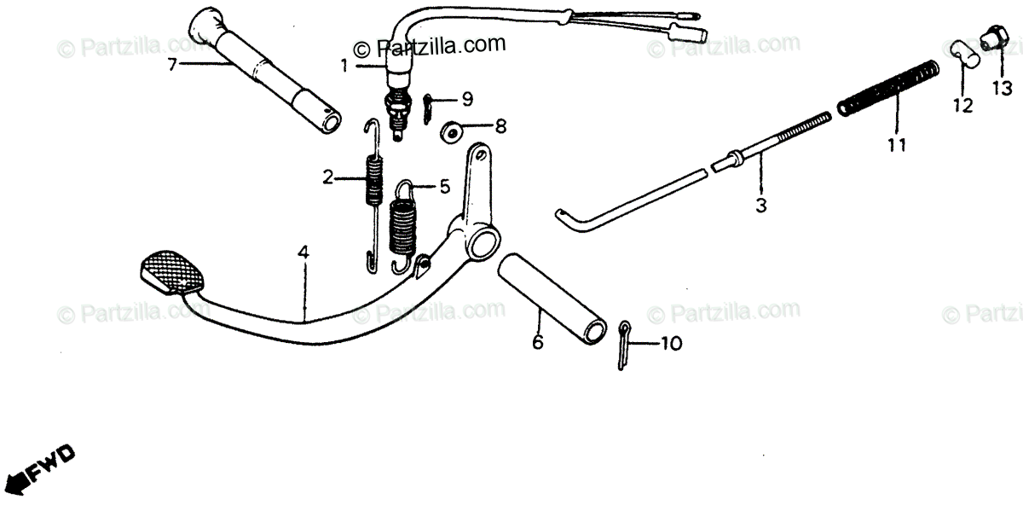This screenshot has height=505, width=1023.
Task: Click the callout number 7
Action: click(172, 65)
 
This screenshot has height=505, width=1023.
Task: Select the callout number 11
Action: click(895, 145)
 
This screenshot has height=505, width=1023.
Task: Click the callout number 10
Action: click(671, 345)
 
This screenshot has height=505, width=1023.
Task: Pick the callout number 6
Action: click(537, 342)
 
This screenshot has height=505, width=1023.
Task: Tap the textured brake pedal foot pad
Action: click(173, 272)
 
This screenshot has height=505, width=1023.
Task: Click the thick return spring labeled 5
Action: click(402, 223)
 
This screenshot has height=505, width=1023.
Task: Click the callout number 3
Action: click(761, 206)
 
